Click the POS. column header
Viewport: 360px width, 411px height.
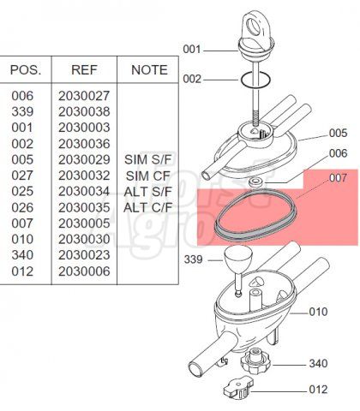26,70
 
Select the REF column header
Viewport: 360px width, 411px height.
84,70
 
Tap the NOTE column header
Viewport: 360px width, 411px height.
149,70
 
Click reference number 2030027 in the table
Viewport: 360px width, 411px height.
84,96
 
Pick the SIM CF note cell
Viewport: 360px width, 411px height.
148,176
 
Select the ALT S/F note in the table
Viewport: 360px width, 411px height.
147,192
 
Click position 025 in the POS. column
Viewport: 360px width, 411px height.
22,192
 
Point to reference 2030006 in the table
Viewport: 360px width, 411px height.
84,271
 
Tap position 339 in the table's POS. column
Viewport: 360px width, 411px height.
22,111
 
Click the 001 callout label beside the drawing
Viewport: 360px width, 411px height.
192,50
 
